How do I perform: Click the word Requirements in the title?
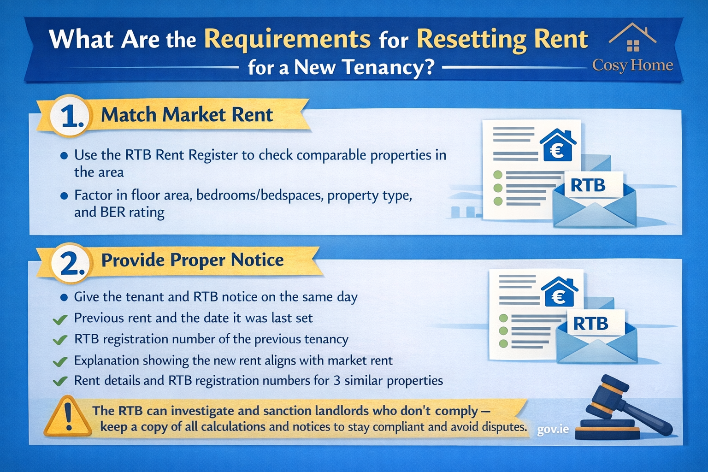pyautogui.click(x=287, y=39)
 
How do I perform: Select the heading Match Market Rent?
pyautogui.click(x=187, y=115)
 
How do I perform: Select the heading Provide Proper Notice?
pyautogui.click(x=192, y=260)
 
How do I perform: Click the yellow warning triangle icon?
pyautogui.click(x=68, y=418)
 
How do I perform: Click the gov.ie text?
pyautogui.click(x=553, y=430)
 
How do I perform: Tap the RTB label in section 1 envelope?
pyautogui.click(x=588, y=185)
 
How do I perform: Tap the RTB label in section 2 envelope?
pyautogui.click(x=590, y=324)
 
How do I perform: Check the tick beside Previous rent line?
pyautogui.click(x=60, y=319)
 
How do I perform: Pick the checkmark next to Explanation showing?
pyautogui.click(x=60, y=361)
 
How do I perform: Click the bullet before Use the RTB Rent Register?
pyautogui.click(x=64, y=156)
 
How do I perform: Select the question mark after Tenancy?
pyautogui.click(x=428, y=67)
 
